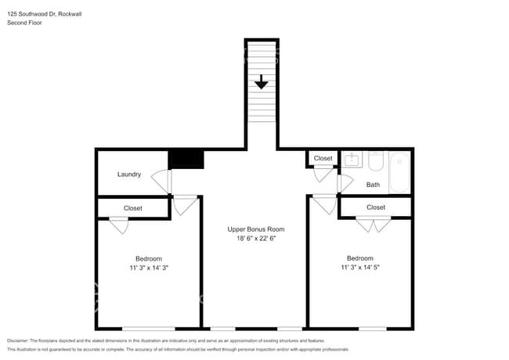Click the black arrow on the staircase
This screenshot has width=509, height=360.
262,81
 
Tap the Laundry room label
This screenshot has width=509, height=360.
129,175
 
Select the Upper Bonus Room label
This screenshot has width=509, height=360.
256,229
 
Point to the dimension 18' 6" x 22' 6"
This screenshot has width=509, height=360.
256,239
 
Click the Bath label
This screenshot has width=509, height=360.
373,185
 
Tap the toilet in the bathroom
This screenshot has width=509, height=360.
376,161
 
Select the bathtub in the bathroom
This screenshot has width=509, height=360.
399,172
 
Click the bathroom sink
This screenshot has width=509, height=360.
352,160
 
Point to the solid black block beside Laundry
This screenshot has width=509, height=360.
186,159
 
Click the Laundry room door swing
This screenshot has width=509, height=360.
161,181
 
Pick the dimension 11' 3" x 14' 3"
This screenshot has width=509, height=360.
149,268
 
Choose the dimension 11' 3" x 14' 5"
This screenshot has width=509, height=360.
360,267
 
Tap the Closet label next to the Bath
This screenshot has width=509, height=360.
323,158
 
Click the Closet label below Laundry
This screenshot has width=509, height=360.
133,208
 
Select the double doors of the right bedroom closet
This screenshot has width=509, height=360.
374,225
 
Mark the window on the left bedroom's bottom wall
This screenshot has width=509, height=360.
148,329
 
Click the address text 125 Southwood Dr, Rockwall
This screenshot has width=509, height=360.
44,14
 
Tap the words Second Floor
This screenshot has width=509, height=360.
24,23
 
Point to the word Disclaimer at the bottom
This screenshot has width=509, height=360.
17,340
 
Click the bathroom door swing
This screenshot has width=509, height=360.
345,183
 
